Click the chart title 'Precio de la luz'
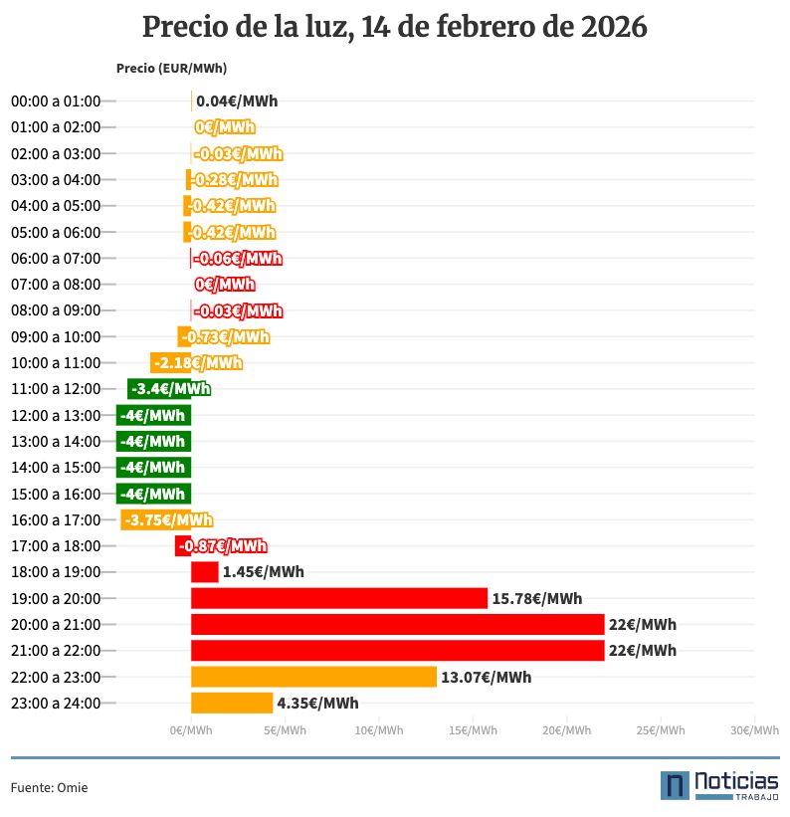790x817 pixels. [x=395, y=27]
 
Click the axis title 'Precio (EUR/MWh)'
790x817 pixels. [x=170, y=69]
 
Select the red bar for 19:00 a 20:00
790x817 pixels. [x=339, y=598]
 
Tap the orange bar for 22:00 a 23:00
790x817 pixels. [x=313, y=677]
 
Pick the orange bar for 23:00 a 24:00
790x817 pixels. [x=232, y=703]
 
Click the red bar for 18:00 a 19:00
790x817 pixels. [x=205, y=572]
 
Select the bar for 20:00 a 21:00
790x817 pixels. [x=398, y=624]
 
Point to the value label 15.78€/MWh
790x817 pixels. [x=537, y=599]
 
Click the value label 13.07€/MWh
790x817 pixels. [x=487, y=678]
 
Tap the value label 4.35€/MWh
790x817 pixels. [x=317, y=704]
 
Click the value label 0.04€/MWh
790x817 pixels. [x=237, y=102]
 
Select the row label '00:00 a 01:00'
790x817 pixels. [x=56, y=102]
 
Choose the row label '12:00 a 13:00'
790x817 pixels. [x=56, y=415]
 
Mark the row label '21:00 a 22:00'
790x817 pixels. [x=56, y=651]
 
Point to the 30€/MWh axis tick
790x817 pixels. [x=753, y=730]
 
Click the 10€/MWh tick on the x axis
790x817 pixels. [x=379, y=730]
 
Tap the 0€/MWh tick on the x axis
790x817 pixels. [x=191, y=730]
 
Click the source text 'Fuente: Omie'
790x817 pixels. [x=49, y=787]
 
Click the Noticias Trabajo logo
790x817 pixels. [x=719, y=784]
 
